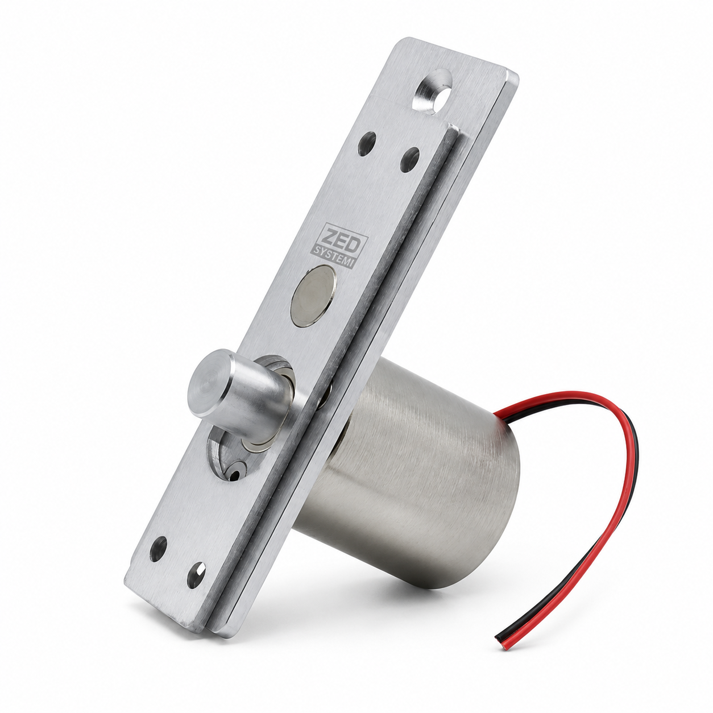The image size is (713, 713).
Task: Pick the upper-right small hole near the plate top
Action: (410, 159)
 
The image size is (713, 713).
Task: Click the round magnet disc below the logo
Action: (313, 296)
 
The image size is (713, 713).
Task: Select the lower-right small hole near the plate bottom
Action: (196, 575)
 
